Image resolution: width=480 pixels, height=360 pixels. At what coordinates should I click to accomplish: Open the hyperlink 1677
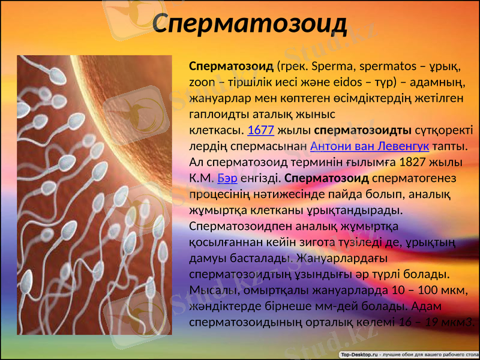[x=260, y=130]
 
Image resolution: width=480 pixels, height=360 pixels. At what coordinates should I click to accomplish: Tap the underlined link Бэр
[x=227, y=178]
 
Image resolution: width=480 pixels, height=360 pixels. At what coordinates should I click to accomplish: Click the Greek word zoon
[x=201, y=82]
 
